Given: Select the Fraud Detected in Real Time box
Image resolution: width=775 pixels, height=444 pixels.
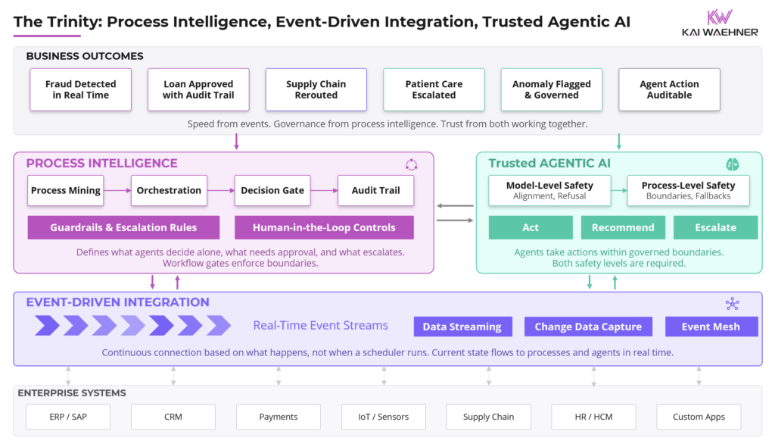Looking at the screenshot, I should coord(81,90).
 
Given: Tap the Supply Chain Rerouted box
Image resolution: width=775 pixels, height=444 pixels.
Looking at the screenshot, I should coord(316,90).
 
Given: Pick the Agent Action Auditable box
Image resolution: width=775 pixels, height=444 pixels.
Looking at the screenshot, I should coord(669,90).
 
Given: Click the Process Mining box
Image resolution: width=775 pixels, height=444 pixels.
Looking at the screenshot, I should coord(66,191).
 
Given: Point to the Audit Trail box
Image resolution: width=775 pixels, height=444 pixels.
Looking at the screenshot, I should coord(375,191).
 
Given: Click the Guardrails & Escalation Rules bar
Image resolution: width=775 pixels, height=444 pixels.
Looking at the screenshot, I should coord(123,227).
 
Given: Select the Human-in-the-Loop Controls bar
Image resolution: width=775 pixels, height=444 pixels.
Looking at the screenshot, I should coord(324,227).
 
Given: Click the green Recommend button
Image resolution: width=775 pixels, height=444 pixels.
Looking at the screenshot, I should coord(623,227).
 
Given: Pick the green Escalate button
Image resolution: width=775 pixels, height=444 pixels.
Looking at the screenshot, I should coord(715,227).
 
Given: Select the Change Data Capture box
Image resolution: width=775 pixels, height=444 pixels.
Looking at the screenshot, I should coord(588,327).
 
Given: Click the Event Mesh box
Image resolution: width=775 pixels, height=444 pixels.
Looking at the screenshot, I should coord(711,327).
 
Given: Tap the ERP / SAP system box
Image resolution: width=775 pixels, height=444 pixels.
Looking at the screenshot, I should coord(68,417).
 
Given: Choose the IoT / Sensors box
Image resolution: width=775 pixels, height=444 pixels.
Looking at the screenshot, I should coord(384,417).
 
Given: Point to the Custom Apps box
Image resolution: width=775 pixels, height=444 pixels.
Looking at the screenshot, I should coord(699,417).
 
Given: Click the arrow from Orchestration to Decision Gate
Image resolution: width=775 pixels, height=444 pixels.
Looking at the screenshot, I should coord(220,191).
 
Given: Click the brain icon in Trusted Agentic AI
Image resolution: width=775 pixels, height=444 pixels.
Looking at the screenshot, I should coord(732,164).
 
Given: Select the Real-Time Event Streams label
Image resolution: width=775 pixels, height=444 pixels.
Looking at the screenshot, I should coord(320,326).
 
